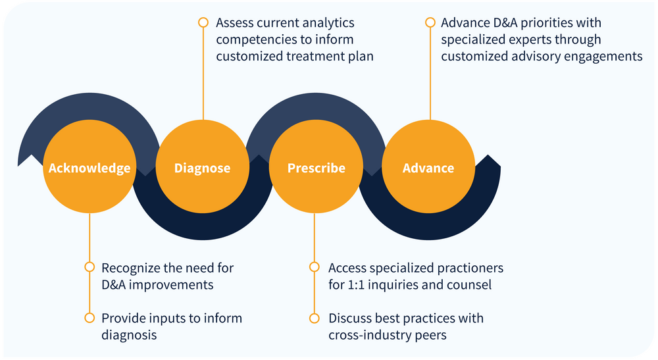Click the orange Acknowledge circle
(x=89, y=168)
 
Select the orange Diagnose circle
(x=203, y=168)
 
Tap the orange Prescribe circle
(x=316, y=168)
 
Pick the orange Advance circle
(x=428, y=168)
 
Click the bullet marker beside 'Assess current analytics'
(x=203, y=22)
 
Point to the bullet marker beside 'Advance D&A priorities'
(x=430, y=22)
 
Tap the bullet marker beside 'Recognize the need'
(x=89, y=267)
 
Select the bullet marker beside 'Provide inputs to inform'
(x=89, y=318)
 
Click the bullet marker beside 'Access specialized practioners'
(x=315, y=267)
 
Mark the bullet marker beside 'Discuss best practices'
(x=315, y=318)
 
